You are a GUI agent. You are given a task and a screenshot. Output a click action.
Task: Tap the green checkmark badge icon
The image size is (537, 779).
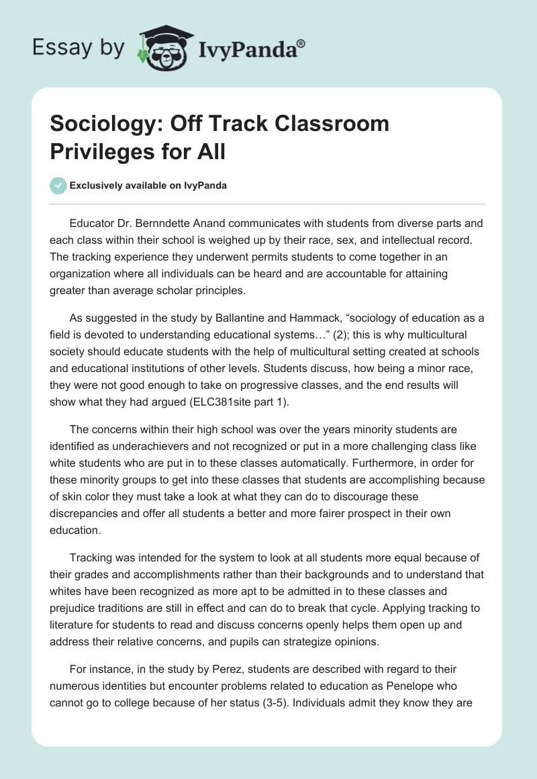click(x=58, y=186)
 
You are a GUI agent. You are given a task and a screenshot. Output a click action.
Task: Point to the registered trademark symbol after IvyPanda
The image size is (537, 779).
click(x=301, y=43)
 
